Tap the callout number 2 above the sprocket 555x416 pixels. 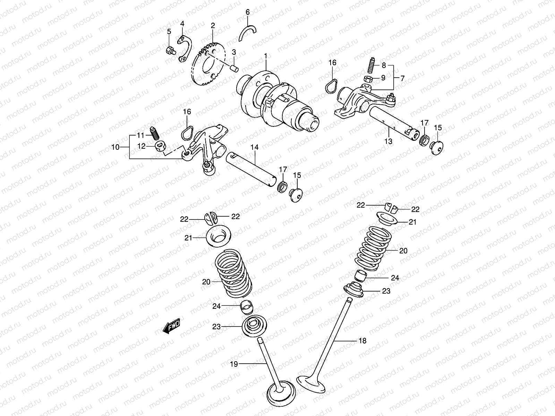[x=213, y=25]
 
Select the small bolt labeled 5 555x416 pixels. [x=170, y=51]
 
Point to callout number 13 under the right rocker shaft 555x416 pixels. [x=388, y=141]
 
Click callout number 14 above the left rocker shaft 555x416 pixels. [x=255, y=148]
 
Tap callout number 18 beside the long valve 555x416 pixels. [x=362, y=341]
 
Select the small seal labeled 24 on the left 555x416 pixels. [x=247, y=306]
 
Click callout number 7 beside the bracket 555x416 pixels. [x=402, y=78]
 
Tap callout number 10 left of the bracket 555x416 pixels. [x=115, y=147]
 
